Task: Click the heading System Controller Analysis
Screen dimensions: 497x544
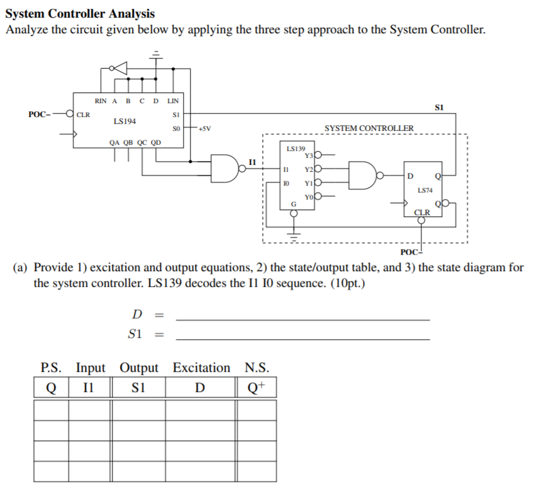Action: tap(80, 13)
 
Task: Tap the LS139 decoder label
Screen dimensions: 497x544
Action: tap(296, 149)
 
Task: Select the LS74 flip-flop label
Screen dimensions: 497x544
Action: tap(425, 190)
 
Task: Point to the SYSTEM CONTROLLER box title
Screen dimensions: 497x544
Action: tap(369, 128)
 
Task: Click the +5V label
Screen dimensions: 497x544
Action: tap(204, 129)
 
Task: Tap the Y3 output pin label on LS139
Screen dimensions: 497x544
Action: tap(308, 156)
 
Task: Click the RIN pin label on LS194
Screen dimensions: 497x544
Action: tap(101, 101)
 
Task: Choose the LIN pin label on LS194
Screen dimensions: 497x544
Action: tap(174, 101)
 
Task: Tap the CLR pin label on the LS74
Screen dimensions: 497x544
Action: tap(422, 212)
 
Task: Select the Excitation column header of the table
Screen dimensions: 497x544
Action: tap(201, 367)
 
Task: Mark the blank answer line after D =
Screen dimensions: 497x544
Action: tap(303, 320)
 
